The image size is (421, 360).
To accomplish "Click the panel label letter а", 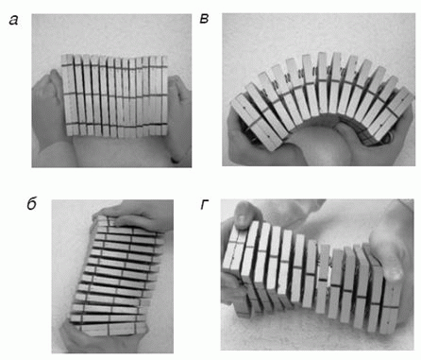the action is (x=13, y=21).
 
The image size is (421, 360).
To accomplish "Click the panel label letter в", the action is (x=204, y=19).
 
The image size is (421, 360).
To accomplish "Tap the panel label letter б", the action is (x=32, y=205).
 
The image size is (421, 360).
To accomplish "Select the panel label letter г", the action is (x=204, y=205).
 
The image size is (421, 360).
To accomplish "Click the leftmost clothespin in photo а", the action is (x=67, y=94).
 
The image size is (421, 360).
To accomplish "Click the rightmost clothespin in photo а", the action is (x=163, y=95).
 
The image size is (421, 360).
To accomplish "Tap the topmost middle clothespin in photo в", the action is (x=324, y=83).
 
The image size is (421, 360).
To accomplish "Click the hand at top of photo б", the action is (x=139, y=217).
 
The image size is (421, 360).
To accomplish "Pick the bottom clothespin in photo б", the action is (x=110, y=329).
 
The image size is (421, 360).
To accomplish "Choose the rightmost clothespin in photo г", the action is (x=391, y=302).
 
